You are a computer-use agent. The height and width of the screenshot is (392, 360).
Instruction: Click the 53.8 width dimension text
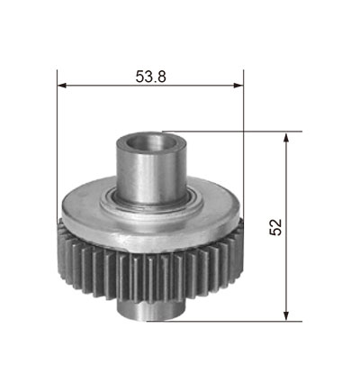150,77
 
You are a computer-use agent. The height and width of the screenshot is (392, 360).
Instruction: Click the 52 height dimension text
276,227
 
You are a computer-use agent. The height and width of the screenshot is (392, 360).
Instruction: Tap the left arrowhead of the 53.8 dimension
61,86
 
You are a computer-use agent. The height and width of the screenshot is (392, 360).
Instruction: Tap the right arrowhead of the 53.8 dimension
238,86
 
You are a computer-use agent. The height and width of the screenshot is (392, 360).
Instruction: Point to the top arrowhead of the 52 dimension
286,137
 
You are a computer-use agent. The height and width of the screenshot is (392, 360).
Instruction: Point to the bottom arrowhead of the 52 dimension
286,316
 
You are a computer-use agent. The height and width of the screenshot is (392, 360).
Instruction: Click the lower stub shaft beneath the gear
149,310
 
